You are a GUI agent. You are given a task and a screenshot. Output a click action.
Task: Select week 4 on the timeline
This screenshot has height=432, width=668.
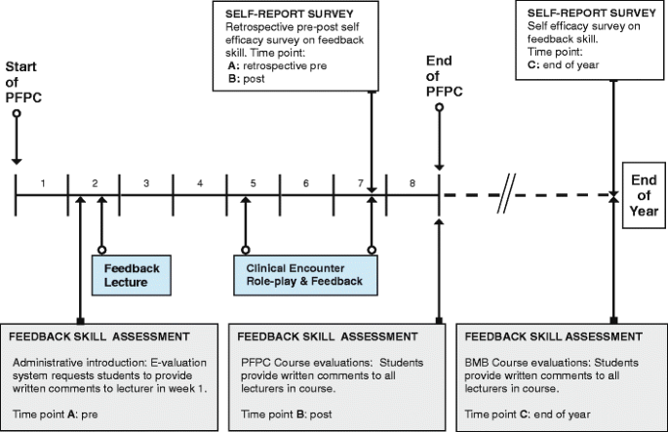pyautogui.click(x=199, y=182)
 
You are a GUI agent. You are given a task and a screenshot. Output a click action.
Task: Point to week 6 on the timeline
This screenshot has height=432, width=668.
pyautogui.click(x=305, y=182)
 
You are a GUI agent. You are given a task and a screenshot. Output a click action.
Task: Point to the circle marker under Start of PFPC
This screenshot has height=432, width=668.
pyautogui.click(x=17, y=113)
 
